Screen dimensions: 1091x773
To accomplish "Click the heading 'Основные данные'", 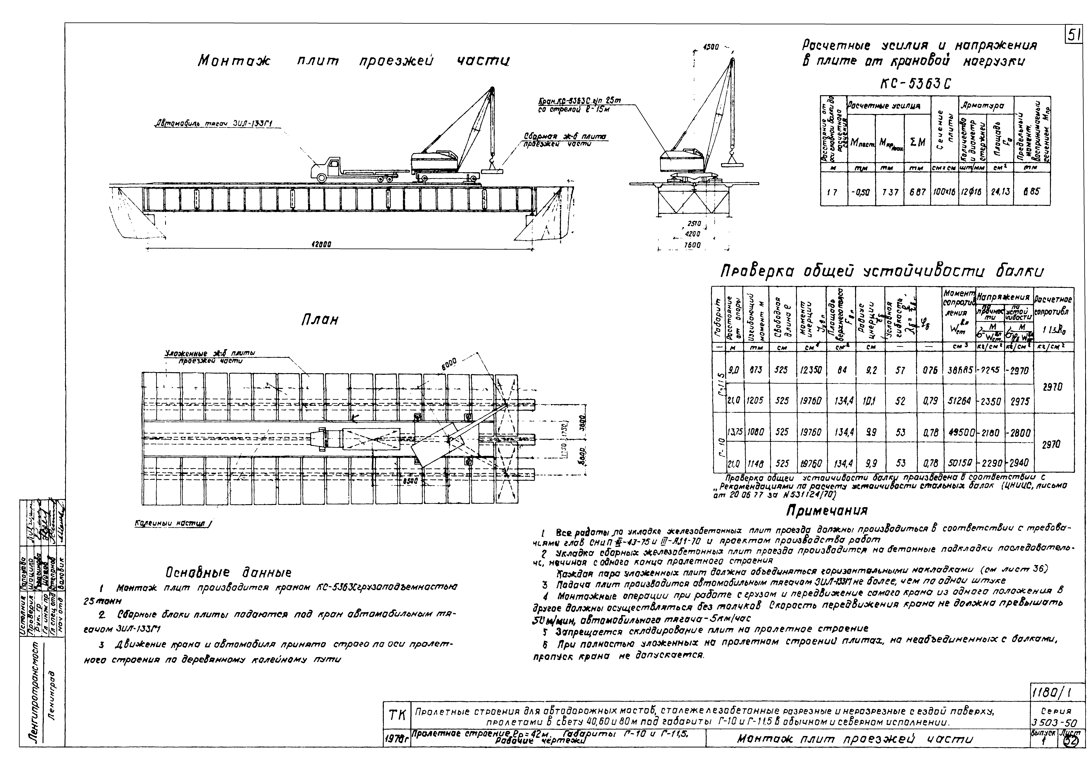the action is click(228, 572).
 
